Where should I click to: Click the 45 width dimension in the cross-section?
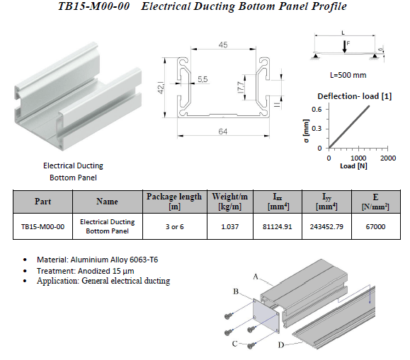(223, 45)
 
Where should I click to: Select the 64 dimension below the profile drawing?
(223, 132)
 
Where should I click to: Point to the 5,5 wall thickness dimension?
(203, 79)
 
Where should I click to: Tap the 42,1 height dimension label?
(161, 88)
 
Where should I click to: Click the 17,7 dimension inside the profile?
(240, 87)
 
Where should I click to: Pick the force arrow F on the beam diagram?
(345, 47)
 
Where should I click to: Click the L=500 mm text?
(348, 75)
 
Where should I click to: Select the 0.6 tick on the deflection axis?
(317, 109)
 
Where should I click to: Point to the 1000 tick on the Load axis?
(358, 158)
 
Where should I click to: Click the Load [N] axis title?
(353, 166)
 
